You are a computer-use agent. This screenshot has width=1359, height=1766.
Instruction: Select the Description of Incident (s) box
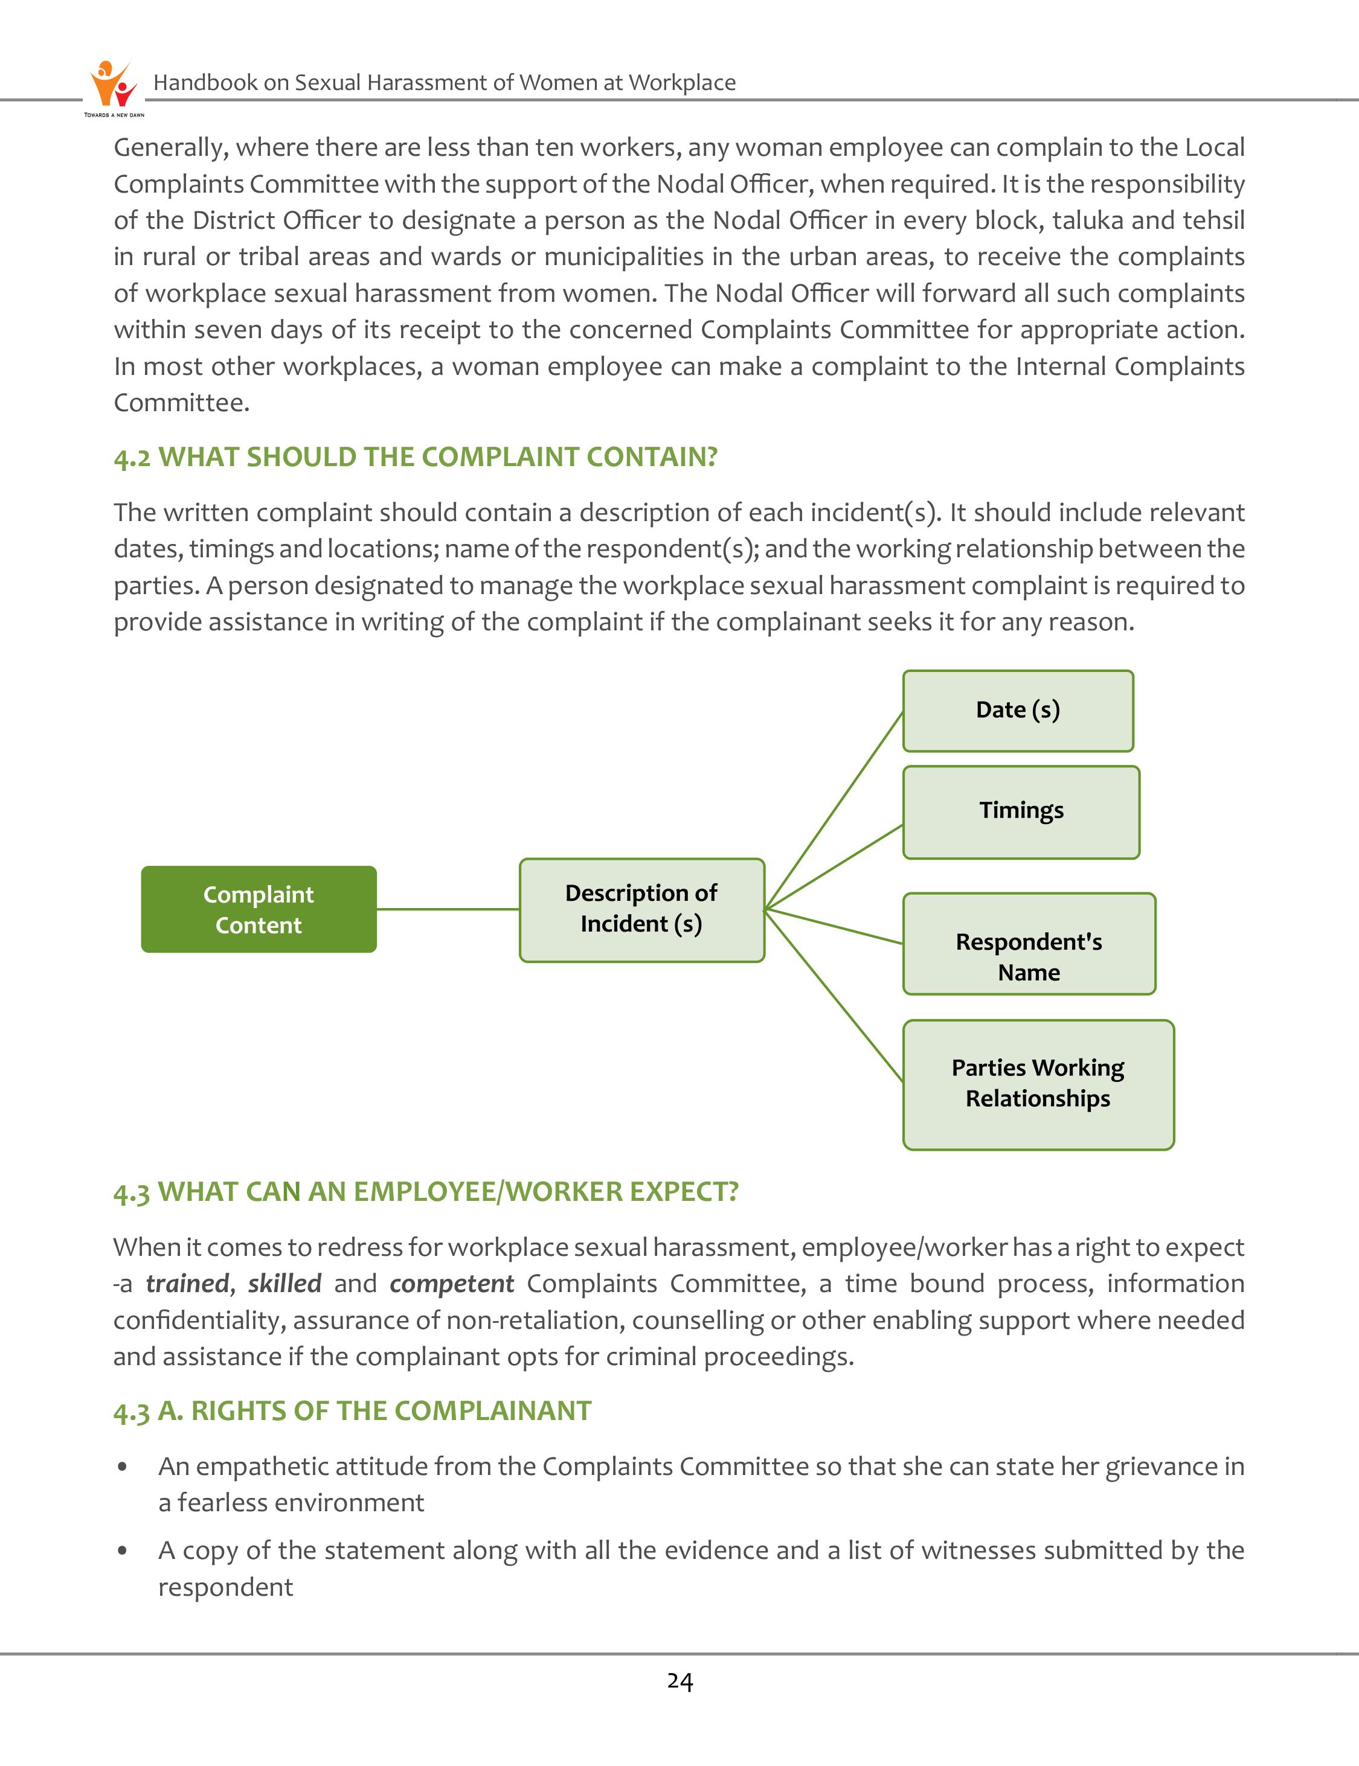tap(641, 910)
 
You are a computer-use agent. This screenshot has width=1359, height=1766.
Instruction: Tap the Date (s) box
tap(1018, 710)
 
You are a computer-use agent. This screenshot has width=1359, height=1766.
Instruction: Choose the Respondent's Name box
tap(1029, 944)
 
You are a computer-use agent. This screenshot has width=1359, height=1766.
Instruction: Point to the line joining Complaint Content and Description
tap(448, 909)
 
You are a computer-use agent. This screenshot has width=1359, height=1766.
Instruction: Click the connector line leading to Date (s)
tap(833, 810)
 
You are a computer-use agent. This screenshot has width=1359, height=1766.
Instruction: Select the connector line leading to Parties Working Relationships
tap(833, 994)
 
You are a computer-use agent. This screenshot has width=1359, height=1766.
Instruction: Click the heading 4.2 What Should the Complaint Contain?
tap(415, 457)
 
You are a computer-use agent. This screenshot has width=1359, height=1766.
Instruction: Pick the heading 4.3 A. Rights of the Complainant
tap(352, 1411)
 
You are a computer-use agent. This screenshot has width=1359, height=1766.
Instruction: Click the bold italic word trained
tap(187, 1284)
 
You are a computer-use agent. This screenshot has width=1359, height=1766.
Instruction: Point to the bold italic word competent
tap(451, 1284)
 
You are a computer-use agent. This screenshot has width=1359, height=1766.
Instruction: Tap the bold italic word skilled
tap(284, 1284)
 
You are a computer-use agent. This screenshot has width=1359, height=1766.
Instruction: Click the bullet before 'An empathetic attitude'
tap(122, 1467)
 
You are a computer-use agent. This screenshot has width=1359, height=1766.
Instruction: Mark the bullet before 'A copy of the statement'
tap(122, 1551)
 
